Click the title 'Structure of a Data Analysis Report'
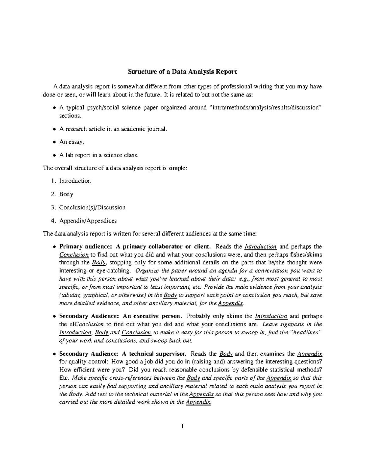182,72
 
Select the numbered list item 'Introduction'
75,181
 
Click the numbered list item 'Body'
66,194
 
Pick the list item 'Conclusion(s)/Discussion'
92,208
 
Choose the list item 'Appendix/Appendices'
88,221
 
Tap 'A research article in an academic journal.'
113,129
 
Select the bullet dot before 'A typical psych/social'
54,108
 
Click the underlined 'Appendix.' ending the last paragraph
198,402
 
